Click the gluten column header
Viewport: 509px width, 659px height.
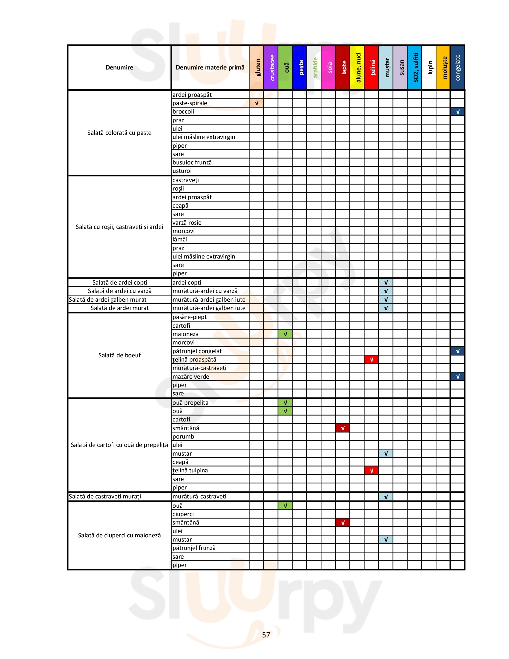(256, 68)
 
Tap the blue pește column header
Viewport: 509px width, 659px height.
(299, 68)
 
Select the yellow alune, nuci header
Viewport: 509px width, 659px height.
(357, 68)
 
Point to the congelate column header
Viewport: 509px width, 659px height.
(458, 68)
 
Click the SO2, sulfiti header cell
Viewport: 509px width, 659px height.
(415, 68)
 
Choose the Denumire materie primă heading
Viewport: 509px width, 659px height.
(210, 68)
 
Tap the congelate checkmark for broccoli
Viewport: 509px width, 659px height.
(458, 112)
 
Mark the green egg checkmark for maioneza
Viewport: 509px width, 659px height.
(285, 334)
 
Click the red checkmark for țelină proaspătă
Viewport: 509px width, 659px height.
(371, 359)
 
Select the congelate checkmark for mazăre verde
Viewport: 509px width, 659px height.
(458, 377)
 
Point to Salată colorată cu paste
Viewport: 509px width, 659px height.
(119, 133)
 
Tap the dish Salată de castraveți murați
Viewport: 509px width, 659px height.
(105, 496)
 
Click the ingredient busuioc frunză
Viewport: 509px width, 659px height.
(192, 162)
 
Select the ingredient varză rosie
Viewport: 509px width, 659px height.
(187, 223)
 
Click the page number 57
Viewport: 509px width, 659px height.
(266, 635)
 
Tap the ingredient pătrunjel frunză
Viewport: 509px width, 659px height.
(194, 548)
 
